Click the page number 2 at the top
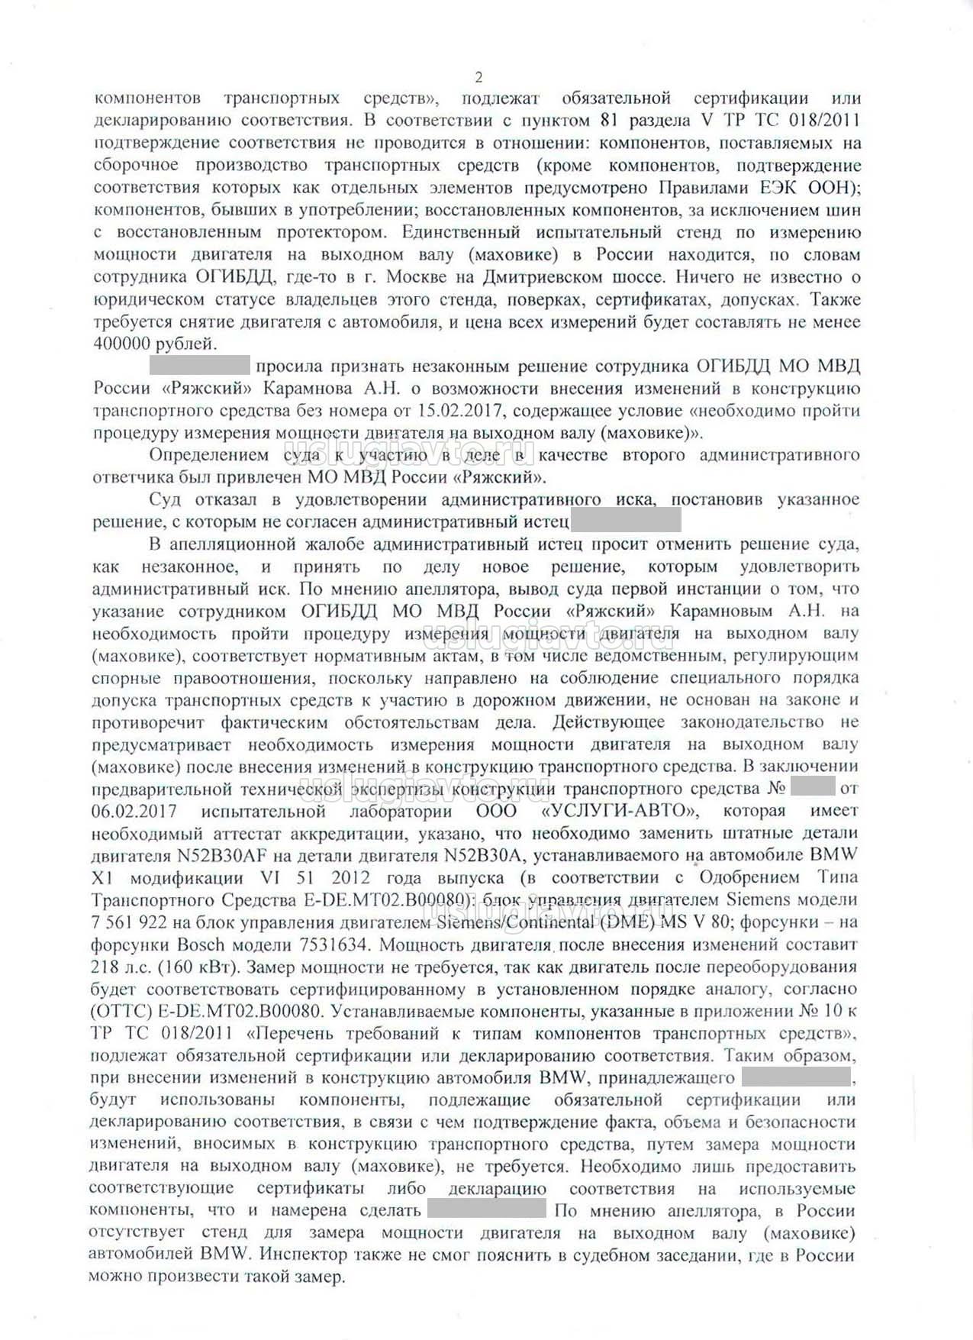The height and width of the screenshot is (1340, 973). pyautogui.click(x=478, y=77)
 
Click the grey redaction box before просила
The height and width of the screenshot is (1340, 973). pyautogui.click(x=200, y=366)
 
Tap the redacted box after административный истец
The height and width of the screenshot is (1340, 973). pyautogui.click(x=625, y=522)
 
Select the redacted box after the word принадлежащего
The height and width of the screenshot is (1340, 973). pyautogui.click(x=796, y=1078)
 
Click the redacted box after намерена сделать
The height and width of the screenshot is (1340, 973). pyautogui.click(x=487, y=1211)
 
